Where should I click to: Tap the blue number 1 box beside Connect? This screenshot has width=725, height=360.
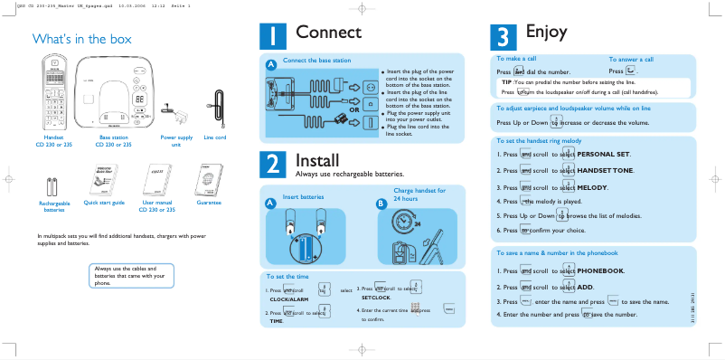273,36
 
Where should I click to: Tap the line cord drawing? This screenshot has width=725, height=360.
216,109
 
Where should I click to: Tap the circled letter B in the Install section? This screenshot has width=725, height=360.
381,204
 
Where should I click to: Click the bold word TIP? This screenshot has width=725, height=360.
507,81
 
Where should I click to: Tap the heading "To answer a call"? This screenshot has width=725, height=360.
631,59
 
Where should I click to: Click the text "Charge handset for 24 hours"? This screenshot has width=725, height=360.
419,194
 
